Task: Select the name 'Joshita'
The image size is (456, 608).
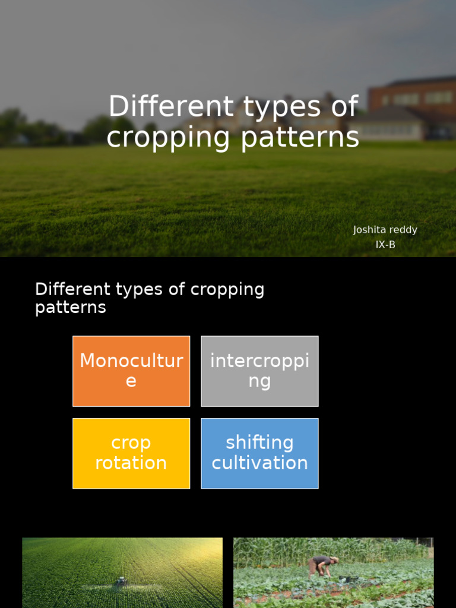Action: pyautogui.click(x=368, y=230)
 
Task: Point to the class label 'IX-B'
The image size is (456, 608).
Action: pyautogui.click(x=385, y=245)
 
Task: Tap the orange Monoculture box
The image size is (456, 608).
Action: pyautogui.click(x=131, y=371)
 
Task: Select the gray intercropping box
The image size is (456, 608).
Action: pyautogui.click(x=259, y=371)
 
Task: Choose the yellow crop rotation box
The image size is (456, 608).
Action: pyautogui.click(x=131, y=453)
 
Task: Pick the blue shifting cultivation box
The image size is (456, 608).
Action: pyautogui.click(x=259, y=453)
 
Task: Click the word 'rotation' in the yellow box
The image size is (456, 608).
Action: pyautogui.click(x=131, y=463)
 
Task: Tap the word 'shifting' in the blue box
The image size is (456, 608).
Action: pyautogui.click(x=259, y=443)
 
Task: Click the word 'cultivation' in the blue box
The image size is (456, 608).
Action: pyautogui.click(x=259, y=463)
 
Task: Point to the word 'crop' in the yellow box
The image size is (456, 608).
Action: pyautogui.click(x=131, y=443)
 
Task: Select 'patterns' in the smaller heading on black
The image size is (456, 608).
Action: pyautogui.click(x=71, y=308)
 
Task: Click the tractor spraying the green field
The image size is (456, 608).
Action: pyautogui.click(x=121, y=582)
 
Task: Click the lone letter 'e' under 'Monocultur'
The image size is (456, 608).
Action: pyautogui.click(x=131, y=381)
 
